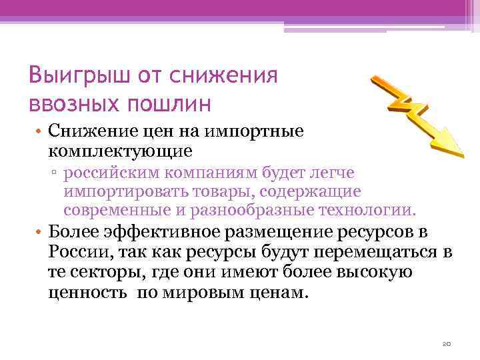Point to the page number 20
(x=447, y=344)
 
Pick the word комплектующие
(x=121, y=151)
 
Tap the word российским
(x=115, y=173)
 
